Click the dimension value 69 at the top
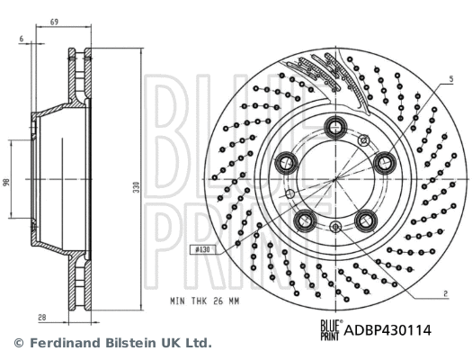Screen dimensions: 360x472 (x=56, y=20)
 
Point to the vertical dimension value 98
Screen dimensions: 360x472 (x=7, y=182)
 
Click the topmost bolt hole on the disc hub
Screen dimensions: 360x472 (x=338, y=125)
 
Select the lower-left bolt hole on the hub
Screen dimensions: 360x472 (x=307, y=220)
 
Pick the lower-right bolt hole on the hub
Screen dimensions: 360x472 (x=366, y=220)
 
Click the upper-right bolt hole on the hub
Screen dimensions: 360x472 (x=386, y=162)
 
